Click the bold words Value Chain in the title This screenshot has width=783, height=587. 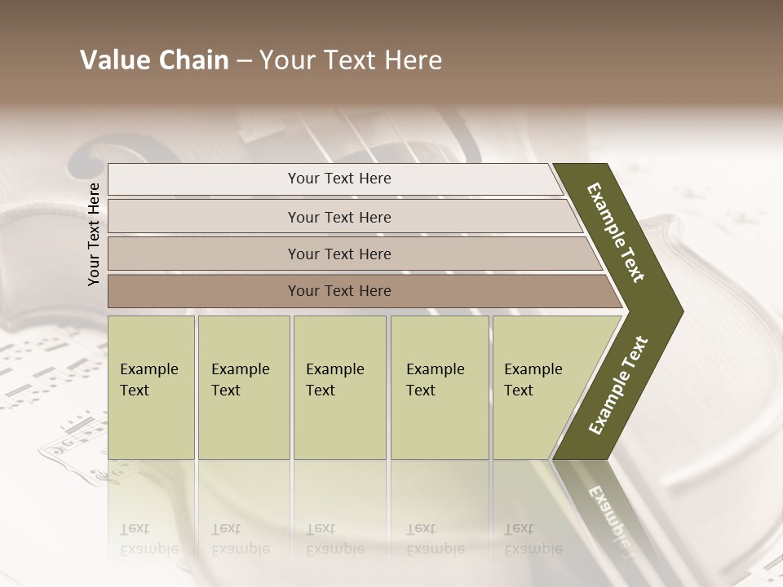point(154,60)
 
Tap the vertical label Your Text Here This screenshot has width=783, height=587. point(94,234)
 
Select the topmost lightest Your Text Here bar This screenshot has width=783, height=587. point(338,179)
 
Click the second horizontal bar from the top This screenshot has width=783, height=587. point(338,217)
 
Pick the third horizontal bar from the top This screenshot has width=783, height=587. point(338,254)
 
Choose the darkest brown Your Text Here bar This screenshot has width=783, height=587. point(338,291)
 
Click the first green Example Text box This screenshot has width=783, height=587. point(151,387)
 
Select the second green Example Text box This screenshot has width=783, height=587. point(243,387)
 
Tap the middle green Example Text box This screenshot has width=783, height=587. point(339,387)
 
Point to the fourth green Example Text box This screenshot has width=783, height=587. point(439,387)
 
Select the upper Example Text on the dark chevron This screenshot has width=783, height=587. point(616,232)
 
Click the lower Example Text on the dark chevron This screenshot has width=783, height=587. point(618,386)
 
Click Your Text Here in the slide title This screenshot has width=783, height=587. point(351,60)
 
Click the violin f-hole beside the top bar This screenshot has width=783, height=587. point(85,164)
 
